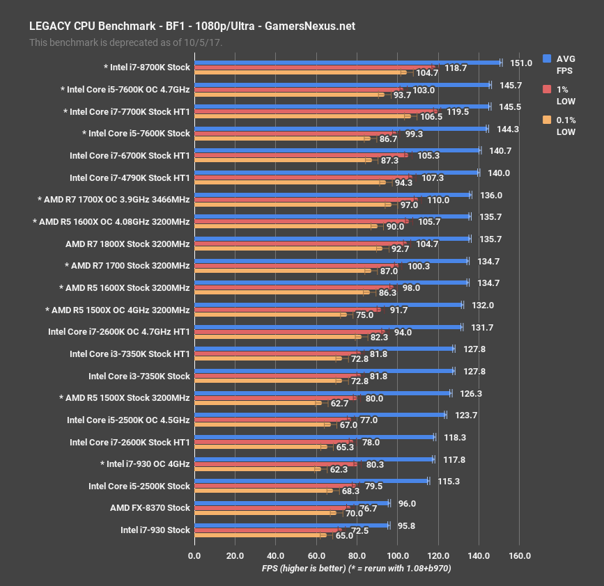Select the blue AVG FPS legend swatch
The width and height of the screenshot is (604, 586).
[x=547, y=59]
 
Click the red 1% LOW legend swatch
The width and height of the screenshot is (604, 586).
[x=547, y=90]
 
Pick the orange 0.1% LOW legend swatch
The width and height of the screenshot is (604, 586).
[x=547, y=120]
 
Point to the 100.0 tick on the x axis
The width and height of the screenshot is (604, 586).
[x=398, y=555]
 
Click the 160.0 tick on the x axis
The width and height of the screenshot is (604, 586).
[x=520, y=555]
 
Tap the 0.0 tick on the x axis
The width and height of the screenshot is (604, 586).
[x=194, y=555]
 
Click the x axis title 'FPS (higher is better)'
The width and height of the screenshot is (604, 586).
[x=356, y=568]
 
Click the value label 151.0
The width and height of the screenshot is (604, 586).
[x=520, y=63]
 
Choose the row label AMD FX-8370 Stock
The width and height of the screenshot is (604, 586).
[x=150, y=507]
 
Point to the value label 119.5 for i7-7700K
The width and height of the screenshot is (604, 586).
[x=457, y=111]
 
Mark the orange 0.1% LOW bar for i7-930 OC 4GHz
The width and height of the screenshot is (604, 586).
[x=257, y=469]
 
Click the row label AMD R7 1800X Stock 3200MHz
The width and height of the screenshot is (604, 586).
[x=127, y=244]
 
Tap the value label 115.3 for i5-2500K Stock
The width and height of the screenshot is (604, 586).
[x=444, y=481]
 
